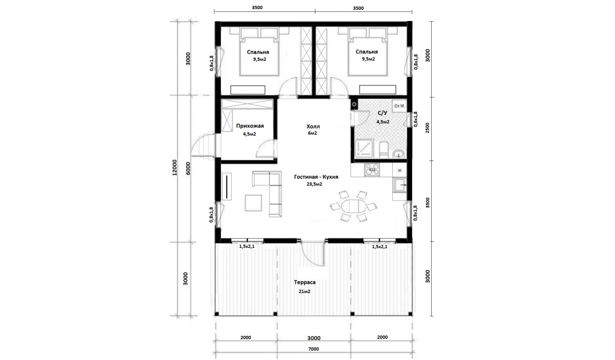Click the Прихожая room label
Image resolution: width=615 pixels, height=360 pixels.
250,126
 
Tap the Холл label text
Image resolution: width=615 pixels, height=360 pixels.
313,126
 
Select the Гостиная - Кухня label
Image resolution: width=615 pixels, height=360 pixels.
316,177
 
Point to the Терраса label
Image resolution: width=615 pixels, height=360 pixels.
305,282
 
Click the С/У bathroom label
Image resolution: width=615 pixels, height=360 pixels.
382,113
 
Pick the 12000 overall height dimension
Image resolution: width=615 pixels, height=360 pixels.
175,167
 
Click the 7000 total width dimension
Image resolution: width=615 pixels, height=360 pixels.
313,349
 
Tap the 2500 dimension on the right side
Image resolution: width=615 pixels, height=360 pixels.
427,128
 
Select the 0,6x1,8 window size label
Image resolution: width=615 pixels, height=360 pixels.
415,119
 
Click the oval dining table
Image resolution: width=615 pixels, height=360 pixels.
354,206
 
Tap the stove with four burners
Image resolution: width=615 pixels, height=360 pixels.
372,170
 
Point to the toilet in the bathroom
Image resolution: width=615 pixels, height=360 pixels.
384,150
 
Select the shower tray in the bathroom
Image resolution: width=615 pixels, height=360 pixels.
364,148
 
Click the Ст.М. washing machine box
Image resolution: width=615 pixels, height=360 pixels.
399,106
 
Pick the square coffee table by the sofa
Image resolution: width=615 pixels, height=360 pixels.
253,203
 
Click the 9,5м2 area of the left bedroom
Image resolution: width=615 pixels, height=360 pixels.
259,59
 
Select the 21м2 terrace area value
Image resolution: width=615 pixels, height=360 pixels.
304,291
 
